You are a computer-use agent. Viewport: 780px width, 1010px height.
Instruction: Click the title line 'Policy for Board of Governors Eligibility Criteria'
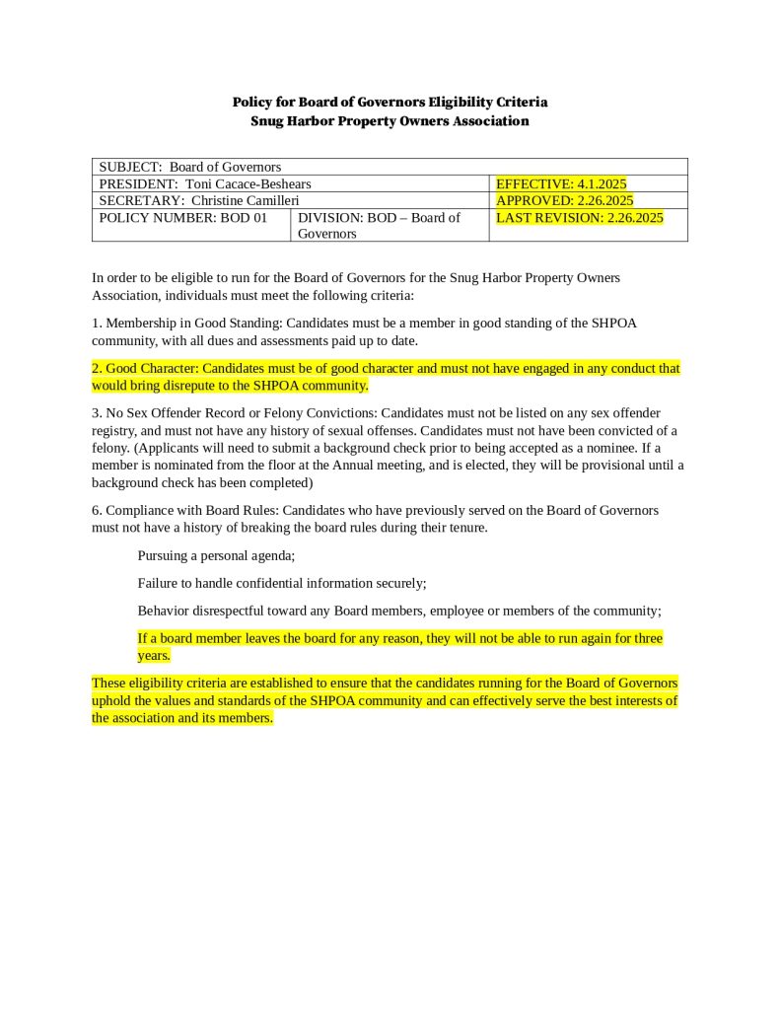[390, 102]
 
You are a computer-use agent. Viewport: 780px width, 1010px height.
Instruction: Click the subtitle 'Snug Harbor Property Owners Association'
[390, 121]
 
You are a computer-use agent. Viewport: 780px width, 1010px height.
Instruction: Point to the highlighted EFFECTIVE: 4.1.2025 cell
[561, 183]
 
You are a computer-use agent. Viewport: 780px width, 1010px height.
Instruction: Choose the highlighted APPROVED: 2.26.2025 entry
[564, 200]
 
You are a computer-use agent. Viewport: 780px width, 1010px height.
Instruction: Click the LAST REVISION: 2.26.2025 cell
[579, 217]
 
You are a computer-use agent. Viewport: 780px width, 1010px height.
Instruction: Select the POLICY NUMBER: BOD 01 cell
[183, 217]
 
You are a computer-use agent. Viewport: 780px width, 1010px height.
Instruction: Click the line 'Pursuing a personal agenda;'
[209, 555]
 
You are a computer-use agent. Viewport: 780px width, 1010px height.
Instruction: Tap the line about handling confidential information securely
[281, 583]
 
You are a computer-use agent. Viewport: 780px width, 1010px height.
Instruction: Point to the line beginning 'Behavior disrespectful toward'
[398, 611]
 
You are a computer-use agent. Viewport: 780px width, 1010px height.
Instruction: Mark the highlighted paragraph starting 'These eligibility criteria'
[385, 700]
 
